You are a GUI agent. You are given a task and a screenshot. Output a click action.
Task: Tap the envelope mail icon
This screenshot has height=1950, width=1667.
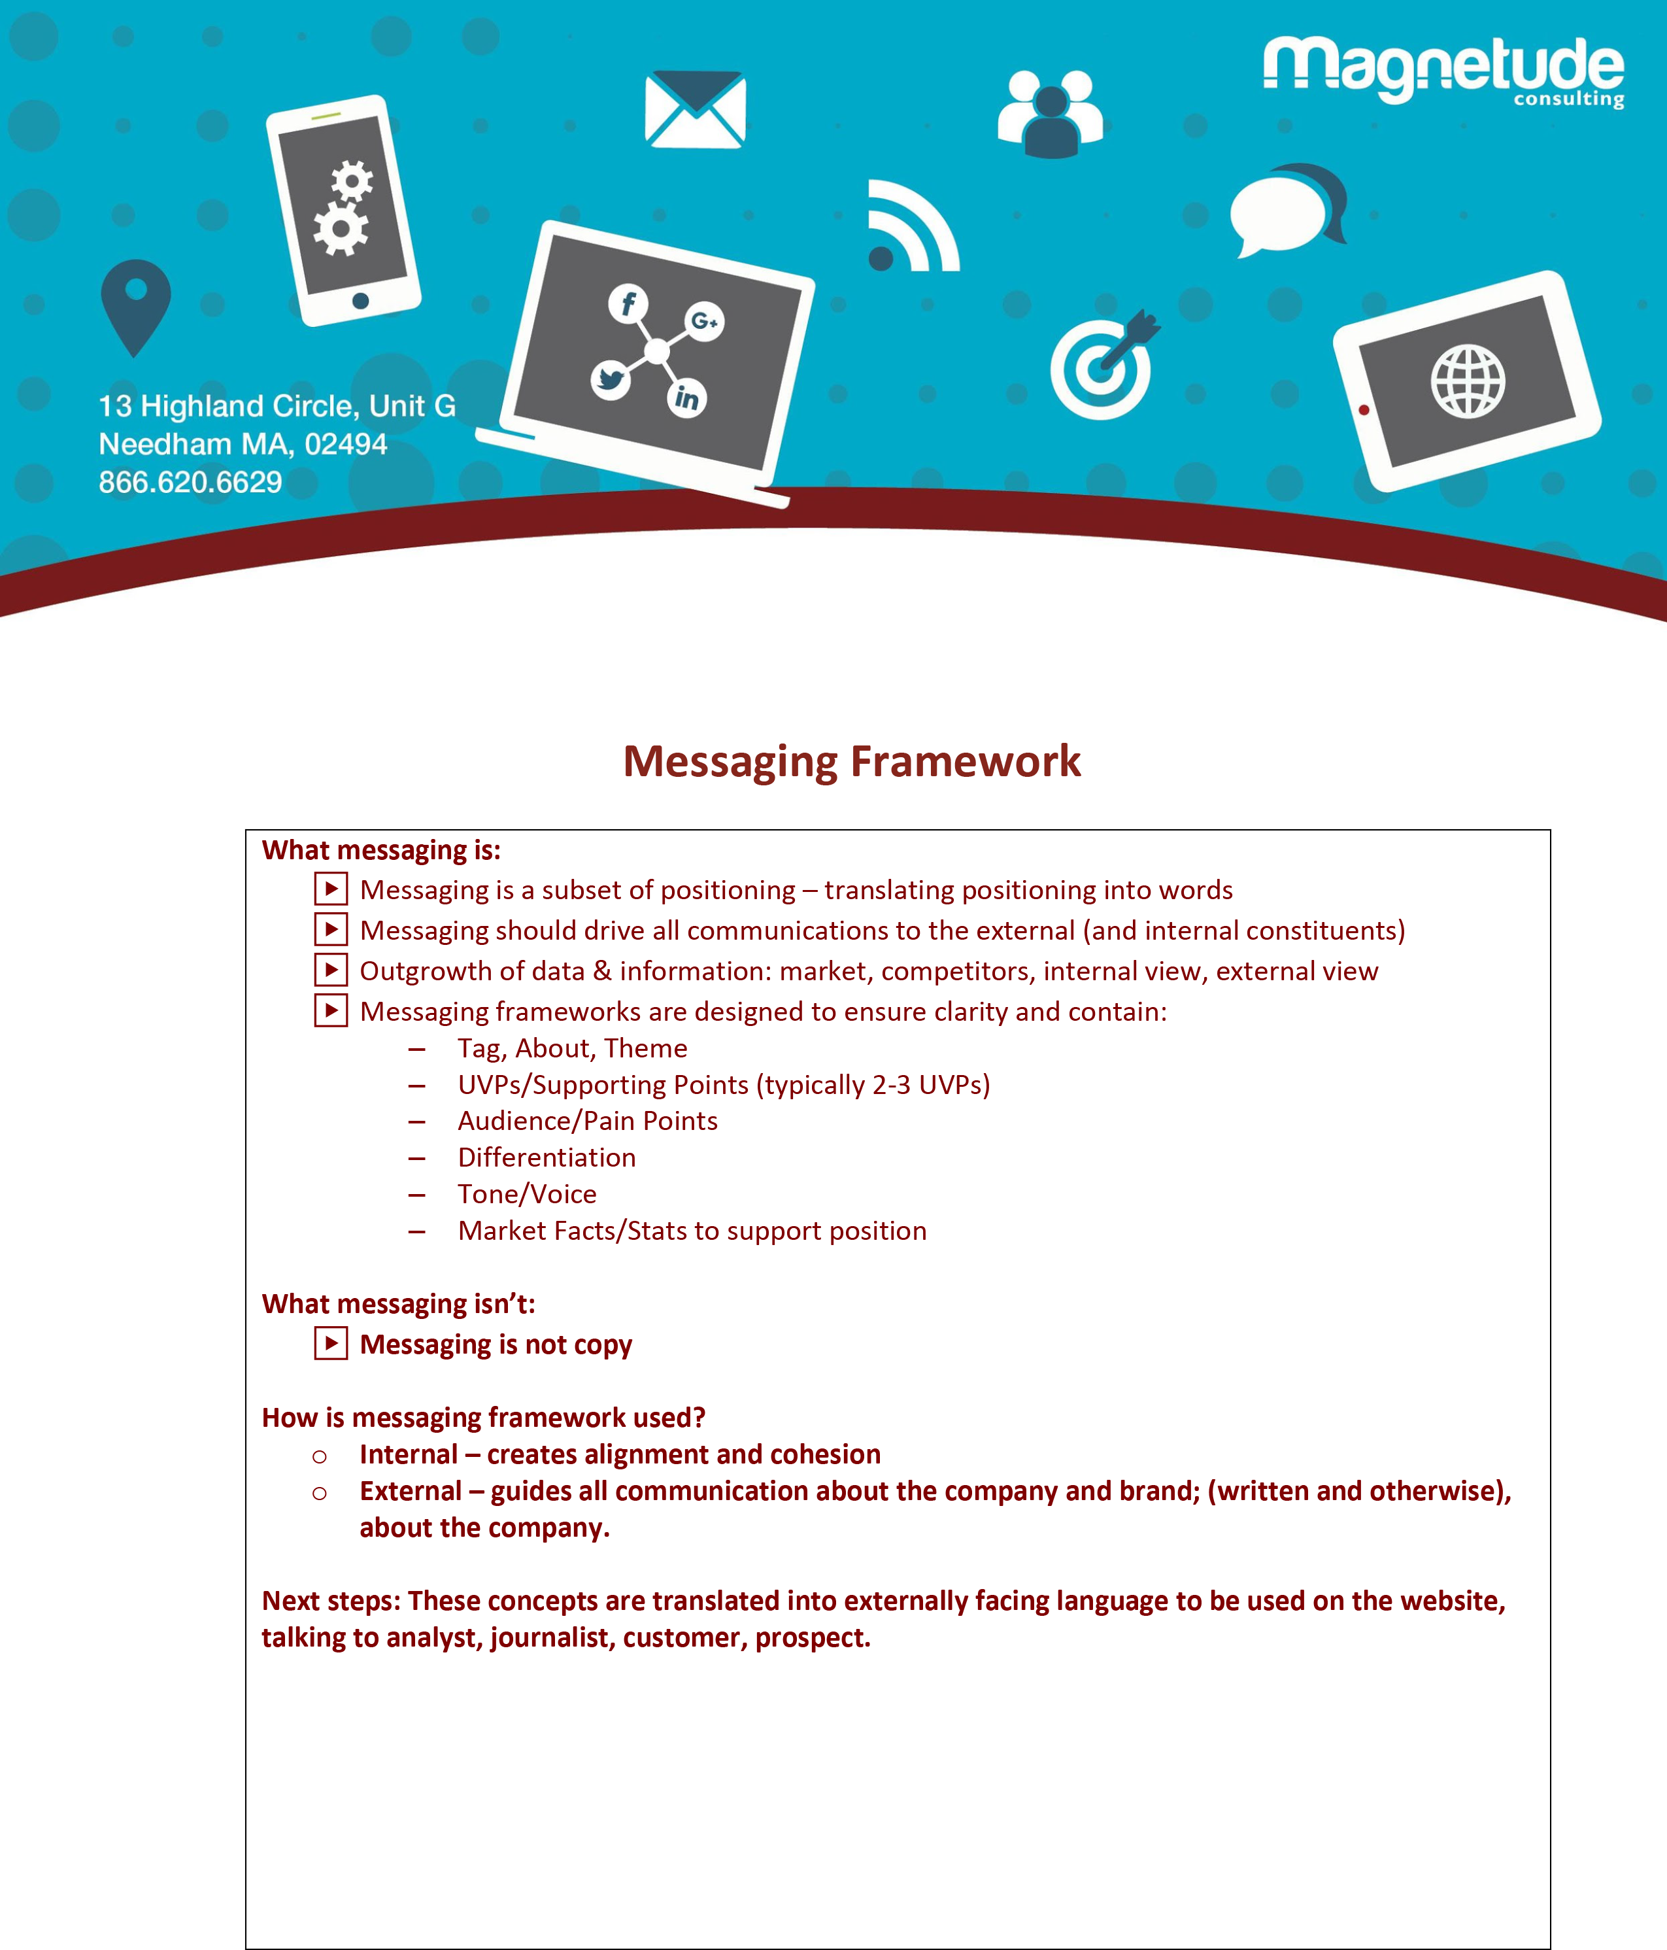695,109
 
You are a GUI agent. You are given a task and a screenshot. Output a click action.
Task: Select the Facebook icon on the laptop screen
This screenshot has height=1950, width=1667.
628,303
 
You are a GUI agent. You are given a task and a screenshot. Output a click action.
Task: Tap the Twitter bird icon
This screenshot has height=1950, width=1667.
611,379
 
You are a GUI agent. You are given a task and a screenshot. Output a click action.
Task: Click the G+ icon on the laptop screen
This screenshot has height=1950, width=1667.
703,322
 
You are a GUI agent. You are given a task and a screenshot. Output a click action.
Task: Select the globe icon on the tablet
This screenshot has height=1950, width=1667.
1468,381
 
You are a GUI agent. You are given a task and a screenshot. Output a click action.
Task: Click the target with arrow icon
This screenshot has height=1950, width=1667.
1103,365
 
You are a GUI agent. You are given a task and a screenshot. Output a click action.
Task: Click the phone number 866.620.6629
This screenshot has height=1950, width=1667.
190,482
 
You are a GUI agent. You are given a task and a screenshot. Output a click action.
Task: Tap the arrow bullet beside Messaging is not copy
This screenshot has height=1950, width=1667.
330,1343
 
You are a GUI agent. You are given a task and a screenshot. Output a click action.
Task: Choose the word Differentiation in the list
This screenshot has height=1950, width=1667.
547,1157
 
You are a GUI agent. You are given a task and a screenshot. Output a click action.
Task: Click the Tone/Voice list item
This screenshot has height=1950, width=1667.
527,1194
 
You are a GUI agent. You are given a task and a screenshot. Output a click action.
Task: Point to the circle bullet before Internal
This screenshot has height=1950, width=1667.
320,1457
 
